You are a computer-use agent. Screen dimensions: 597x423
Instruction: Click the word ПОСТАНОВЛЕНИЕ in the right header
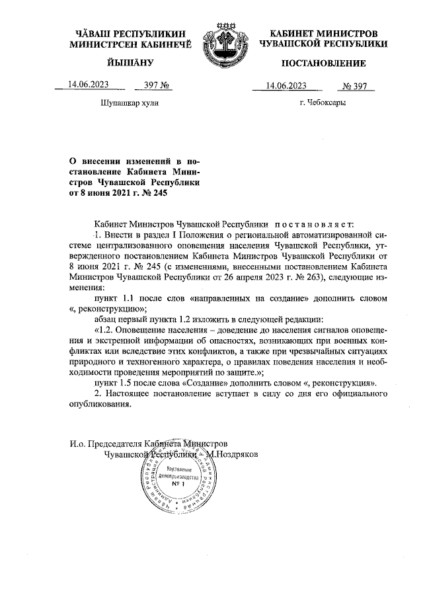(323, 63)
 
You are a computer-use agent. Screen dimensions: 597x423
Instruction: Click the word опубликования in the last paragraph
(100, 406)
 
